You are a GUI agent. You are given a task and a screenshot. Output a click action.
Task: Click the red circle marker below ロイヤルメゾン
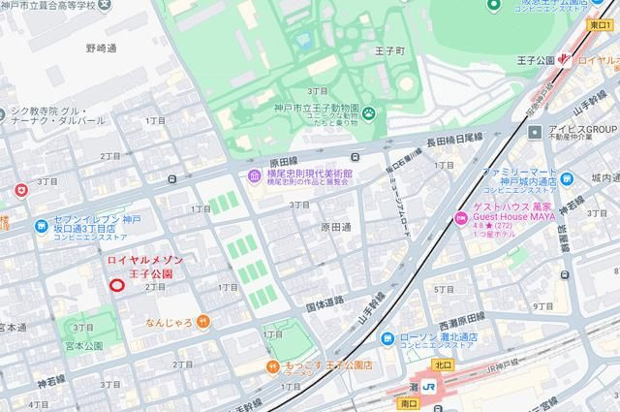click(117, 285)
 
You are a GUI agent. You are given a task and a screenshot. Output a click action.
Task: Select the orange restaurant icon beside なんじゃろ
click(201, 322)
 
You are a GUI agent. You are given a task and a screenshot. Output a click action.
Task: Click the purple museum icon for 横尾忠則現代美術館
click(254, 175)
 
